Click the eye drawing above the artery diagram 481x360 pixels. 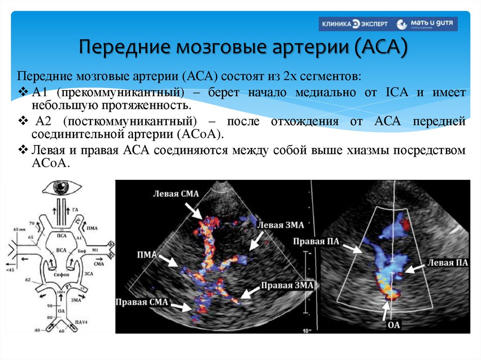coord(61,188)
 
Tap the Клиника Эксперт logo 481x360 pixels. coord(354,24)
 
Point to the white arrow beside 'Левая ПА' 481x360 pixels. coord(415,268)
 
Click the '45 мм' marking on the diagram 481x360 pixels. coord(20,229)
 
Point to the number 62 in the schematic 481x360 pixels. coord(27,280)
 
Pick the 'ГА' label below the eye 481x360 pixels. coord(76,209)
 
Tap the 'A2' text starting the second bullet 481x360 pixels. coord(43,121)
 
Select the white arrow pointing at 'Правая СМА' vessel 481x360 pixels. coord(181,306)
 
